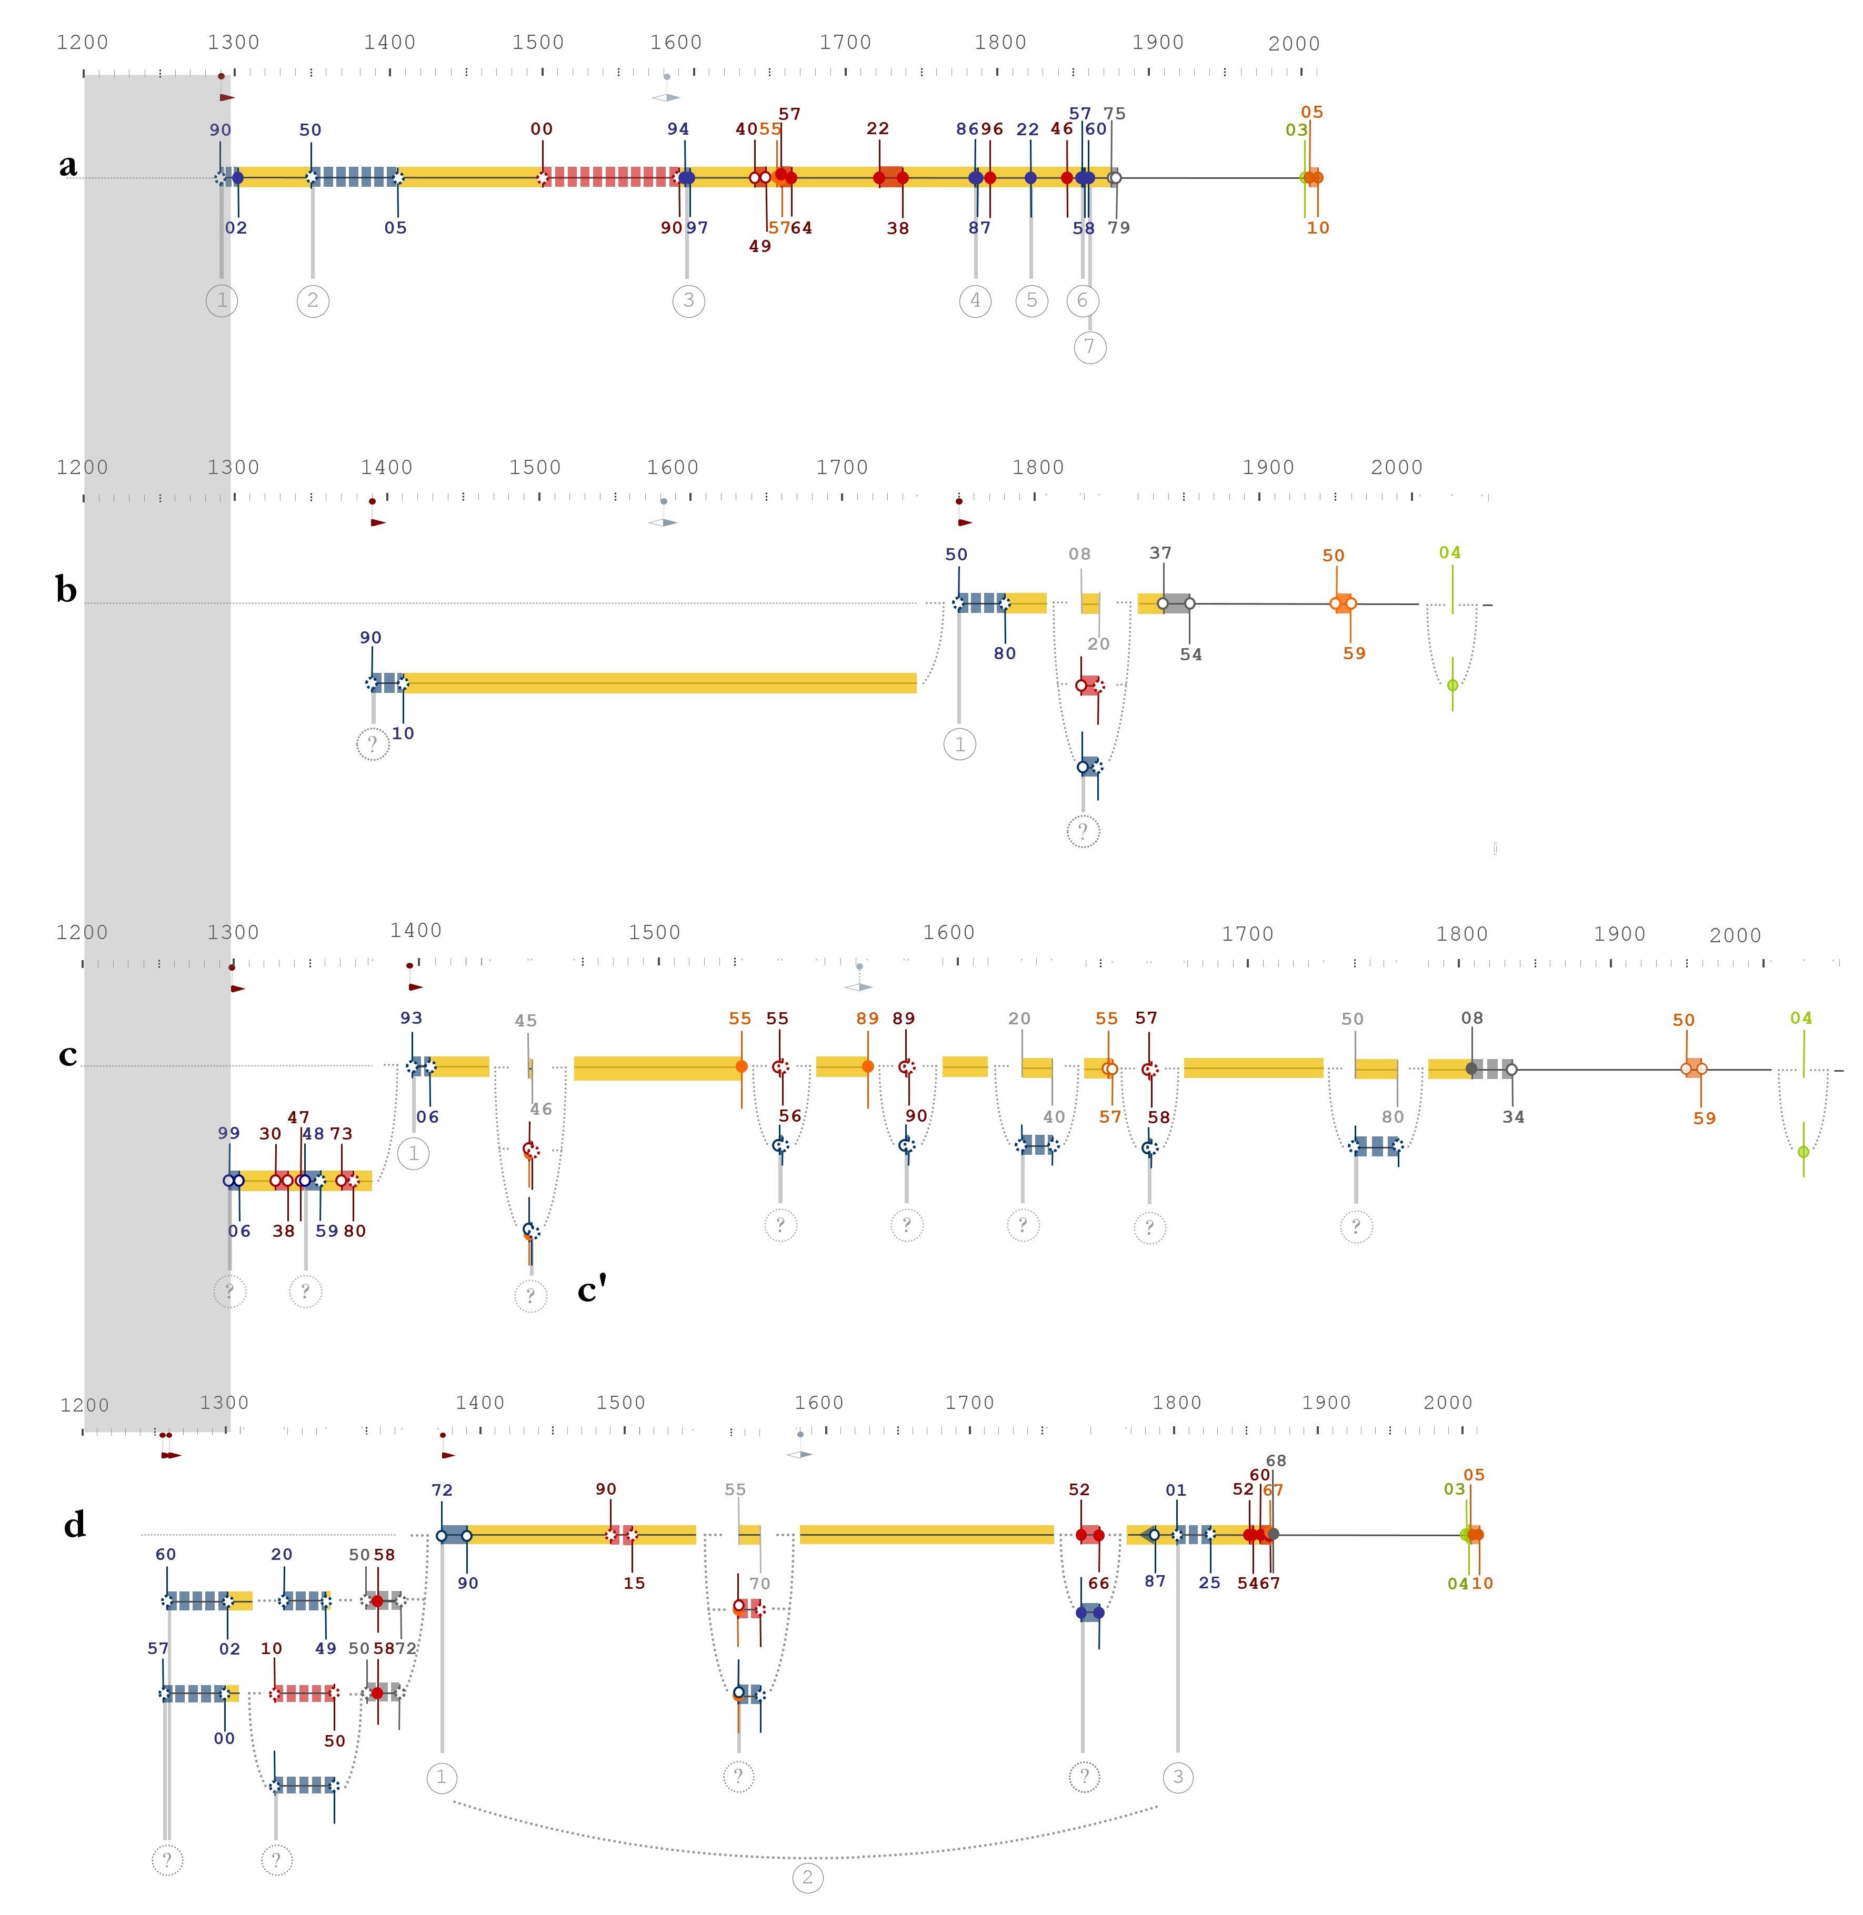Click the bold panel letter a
(x=67, y=165)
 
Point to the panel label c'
(x=592, y=1289)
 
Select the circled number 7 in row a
(x=1090, y=346)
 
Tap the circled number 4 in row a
(x=975, y=300)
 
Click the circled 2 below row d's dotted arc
(x=807, y=1877)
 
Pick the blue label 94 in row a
(x=678, y=129)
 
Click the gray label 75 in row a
(x=1115, y=114)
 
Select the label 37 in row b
(x=1160, y=552)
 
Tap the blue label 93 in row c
(x=411, y=1018)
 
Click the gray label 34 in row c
(x=1513, y=1117)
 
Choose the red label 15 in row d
(x=634, y=1583)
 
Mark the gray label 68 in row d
(x=1276, y=1460)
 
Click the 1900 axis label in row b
(x=1268, y=468)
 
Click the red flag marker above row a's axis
(x=227, y=98)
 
